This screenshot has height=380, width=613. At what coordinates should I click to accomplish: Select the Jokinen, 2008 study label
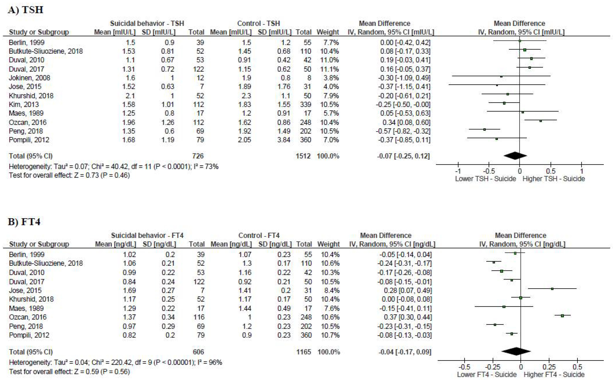[x=29, y=78]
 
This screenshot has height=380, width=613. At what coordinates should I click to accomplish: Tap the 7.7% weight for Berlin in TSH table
[x=331, y=43]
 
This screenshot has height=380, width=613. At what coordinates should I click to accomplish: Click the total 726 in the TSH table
[x=198, y=156]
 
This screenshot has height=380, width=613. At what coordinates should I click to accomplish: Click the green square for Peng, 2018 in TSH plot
[x=484, y=130]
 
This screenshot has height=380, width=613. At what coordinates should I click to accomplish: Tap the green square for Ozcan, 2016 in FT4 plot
[x=562, y=316]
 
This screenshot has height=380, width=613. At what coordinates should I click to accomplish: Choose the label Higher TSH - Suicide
[x=554, y=179]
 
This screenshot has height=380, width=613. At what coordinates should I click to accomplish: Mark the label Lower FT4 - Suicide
[x=487, y=374]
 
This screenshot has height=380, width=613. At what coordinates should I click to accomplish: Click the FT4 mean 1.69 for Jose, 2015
[x=129, y=291]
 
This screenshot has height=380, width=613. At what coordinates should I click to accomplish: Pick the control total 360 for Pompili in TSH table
[x=306, y=140]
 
